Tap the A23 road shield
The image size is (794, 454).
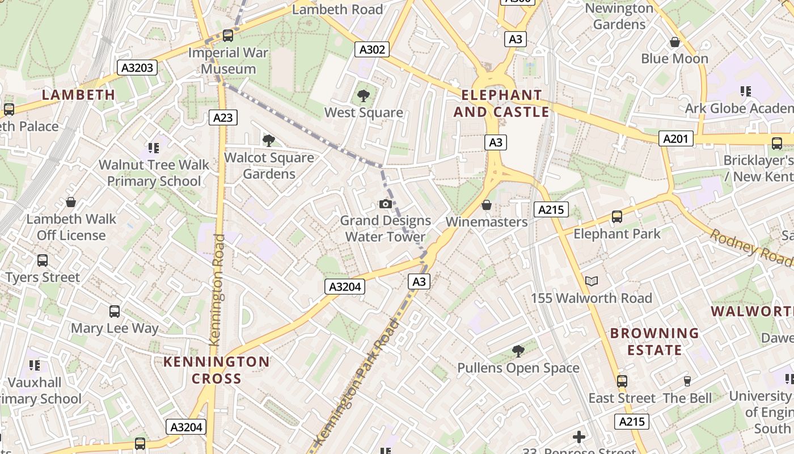[223, 117]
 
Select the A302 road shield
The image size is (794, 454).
[373, 49]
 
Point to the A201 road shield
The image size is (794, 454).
[676, 138]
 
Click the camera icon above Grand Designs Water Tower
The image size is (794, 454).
[386, 204]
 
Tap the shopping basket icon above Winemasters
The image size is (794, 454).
[486, 205]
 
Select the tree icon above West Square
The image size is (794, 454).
[364, 96]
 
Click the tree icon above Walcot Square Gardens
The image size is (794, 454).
[269, 140]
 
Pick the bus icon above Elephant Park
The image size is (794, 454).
[616, 217]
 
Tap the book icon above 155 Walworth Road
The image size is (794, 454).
[591, 281]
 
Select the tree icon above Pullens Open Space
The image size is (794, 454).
[518, 351]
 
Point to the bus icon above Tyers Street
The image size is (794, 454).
[43, 260]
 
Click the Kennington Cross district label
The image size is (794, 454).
[217, 370]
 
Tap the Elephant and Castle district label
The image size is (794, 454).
[501, 103]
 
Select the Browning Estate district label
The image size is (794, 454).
[654, 342]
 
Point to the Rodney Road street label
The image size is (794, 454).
[751, 247]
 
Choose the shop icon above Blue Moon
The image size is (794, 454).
[675, 42]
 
